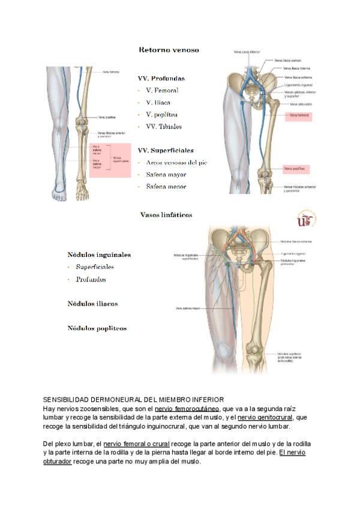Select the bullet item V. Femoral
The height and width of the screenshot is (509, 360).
(161, 90)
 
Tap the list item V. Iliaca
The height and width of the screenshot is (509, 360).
(158, 102)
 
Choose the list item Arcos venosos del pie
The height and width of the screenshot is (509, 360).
(176, 163)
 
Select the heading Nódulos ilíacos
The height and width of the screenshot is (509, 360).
(92, 304)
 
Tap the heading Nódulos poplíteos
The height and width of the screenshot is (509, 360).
(97, 328)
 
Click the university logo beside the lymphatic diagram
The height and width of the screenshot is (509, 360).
(308, 218)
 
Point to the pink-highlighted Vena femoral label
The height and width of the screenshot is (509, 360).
(299, 114)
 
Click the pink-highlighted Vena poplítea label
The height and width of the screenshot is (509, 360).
(298, 169)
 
